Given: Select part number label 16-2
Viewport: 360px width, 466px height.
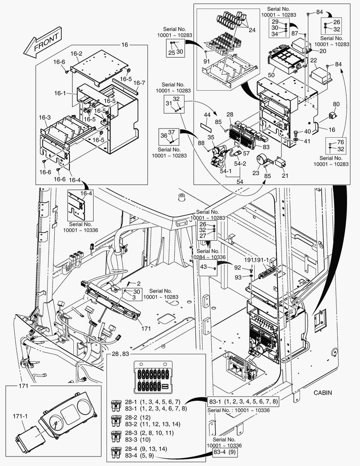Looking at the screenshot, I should point(76,54).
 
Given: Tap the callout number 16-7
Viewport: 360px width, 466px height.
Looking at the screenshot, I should point(139,83).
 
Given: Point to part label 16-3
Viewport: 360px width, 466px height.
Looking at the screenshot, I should point(45,117).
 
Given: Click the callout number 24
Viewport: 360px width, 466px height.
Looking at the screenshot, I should point(251,30).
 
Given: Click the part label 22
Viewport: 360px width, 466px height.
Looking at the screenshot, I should point(313,60).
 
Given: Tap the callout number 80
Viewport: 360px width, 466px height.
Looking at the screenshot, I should point(336,104).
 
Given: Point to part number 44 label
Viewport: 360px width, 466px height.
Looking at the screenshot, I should point(207,115).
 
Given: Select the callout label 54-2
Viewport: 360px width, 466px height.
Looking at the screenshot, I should point(240,164).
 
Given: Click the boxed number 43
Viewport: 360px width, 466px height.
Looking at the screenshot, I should point(204,268).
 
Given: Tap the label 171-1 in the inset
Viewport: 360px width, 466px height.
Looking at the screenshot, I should point(20,416).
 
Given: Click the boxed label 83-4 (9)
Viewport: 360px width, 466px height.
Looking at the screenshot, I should point(225,453).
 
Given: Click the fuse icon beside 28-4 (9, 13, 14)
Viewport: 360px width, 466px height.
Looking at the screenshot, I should point(116,452).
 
